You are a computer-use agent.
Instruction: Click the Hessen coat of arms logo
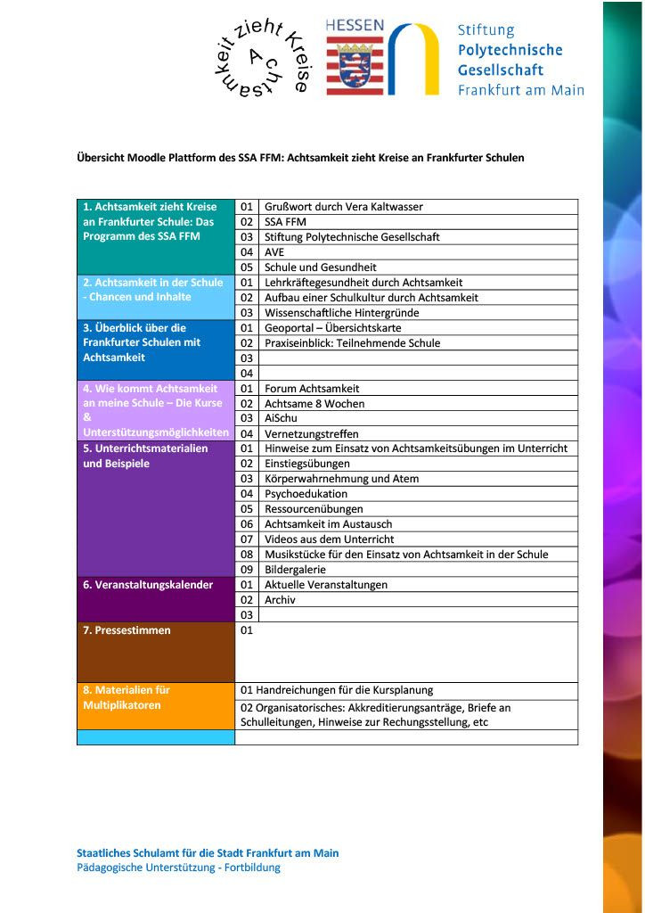(355, 56)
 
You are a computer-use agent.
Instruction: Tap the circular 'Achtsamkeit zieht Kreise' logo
(261, 58)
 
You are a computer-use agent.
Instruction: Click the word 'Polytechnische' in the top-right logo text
(510, 50)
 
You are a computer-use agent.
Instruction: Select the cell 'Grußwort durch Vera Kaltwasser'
(343, 207)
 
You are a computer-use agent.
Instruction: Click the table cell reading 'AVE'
(274, 252)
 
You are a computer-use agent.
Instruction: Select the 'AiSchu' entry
(281, 418)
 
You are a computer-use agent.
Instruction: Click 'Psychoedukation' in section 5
(306, 494)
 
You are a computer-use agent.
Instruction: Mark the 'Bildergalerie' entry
(295, 570)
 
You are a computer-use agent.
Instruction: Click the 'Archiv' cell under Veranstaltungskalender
(280, 600)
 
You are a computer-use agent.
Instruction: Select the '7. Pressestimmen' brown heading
(127, 630)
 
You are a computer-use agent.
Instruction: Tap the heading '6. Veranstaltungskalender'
(148, 585)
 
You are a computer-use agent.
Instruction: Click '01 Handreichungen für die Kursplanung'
(337, 690)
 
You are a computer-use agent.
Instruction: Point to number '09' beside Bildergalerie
(247, 570)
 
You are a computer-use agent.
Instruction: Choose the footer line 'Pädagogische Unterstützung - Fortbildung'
(178, 868)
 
